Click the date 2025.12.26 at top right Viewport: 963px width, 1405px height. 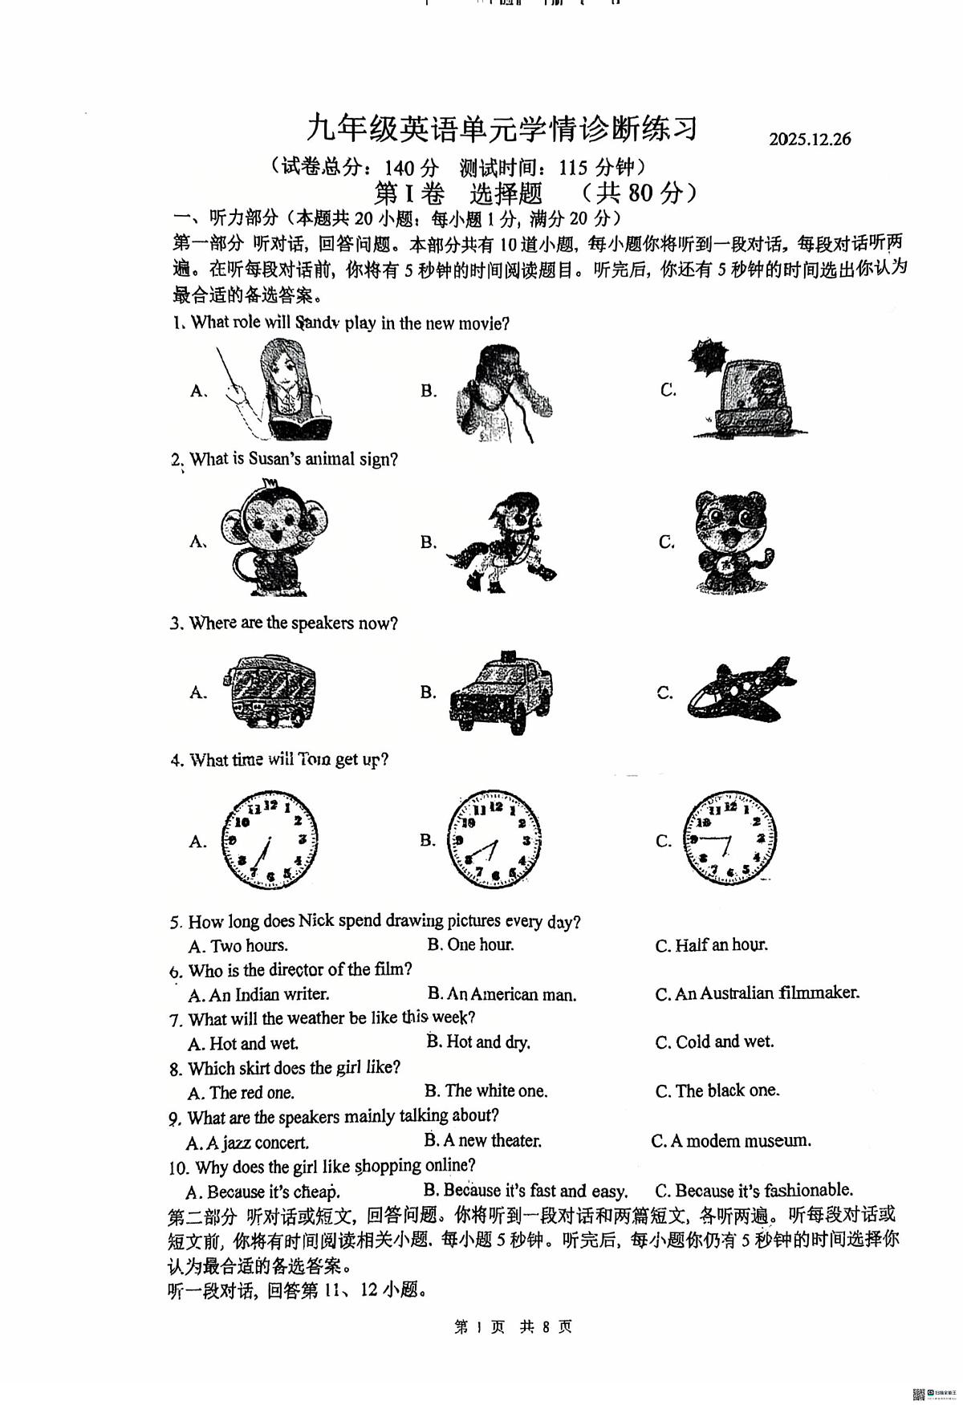coord(809,139)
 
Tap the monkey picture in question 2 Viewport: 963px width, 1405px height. coord(273,539)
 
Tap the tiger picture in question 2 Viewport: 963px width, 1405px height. coord(731,542)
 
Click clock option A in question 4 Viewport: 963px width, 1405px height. coord(270,840)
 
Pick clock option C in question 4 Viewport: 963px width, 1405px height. coord(729,839)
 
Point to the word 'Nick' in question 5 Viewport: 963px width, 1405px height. coord(317,921)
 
